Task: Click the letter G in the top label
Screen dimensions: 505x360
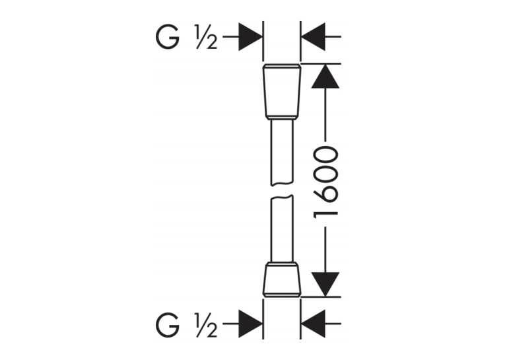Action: (x=168, y=37)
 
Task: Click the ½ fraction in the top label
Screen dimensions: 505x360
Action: (x=206, y=37)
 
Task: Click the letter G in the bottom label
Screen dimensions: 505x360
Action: (x=168, y=325)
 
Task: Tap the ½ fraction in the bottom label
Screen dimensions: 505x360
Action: (x=206, y=325)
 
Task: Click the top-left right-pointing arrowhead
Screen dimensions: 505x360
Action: (x=251, y=37)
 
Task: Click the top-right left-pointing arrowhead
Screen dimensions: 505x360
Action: (x=313, y=37)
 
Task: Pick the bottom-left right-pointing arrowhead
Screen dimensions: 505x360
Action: (x=251, y=324)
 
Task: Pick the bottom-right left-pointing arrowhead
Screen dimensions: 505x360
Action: (x=313, y=324)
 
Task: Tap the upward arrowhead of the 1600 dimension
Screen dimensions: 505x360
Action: (x=325, y=76)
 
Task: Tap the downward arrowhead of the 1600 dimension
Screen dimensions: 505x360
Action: (x=325, y=284)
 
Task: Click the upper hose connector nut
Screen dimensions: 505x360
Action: (x=282, y=92)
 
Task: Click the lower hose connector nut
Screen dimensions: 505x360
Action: (x=282, y=280)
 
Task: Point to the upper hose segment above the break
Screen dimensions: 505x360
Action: (x=282, y=152)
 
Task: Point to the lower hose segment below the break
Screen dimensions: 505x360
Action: (x=282, y=229)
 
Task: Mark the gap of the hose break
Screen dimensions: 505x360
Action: (x=282, y=190)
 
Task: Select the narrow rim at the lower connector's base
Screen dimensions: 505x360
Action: (x=282, y=295)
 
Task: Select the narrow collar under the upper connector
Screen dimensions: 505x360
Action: (x=282, y=118)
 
